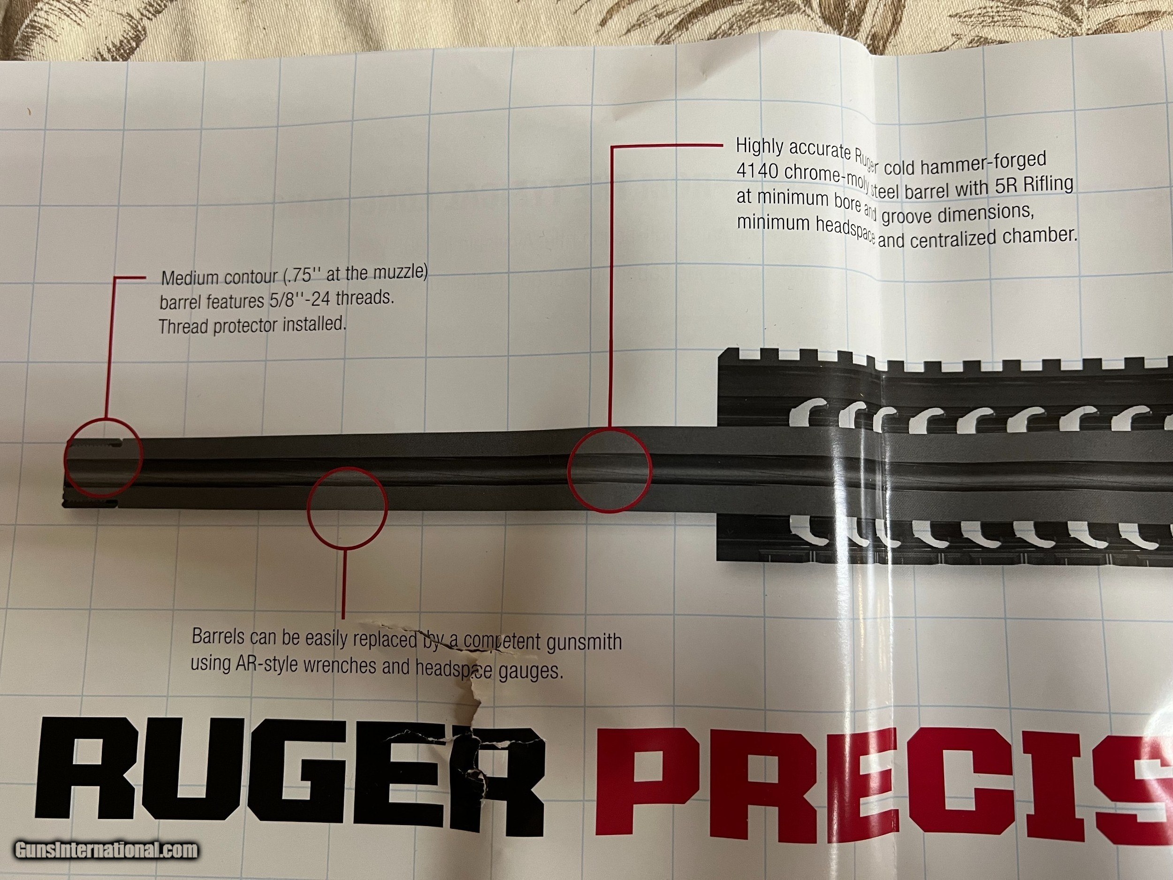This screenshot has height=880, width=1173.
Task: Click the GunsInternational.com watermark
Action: pos(106,852)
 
